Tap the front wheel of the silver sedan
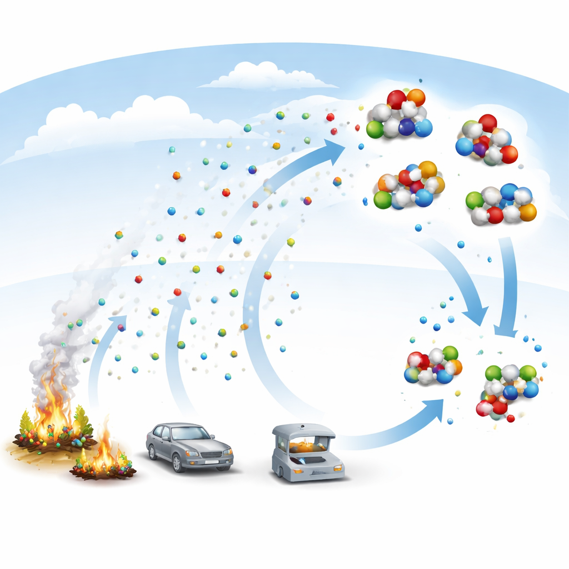(x=178, y=463)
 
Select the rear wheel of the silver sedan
(x=152, y=452)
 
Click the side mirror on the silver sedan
(x=212, y=437)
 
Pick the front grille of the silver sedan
(x=211, y=455)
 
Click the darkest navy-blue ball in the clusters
(x=406, y=127)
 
